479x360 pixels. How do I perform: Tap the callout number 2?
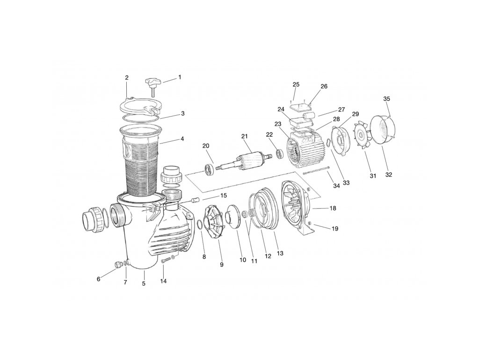click(x=127, y=77)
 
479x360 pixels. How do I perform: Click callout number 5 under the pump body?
click(x=144, y=283)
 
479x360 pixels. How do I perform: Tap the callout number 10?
click(x=243, y=260)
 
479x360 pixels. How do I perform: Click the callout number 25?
click(x=296, y=84)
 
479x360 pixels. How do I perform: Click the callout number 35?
click(x=386, y=99)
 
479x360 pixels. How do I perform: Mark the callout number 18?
click(x=333, y=207)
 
